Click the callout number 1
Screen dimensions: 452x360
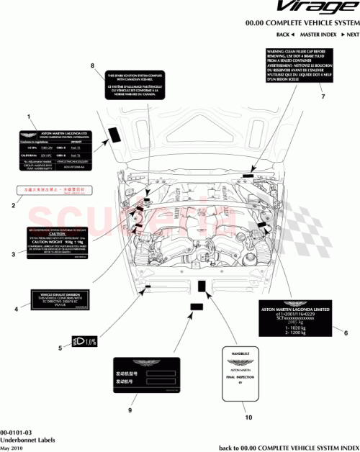pyautogui.click(x=28, y=115)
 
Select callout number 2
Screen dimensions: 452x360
pyautogui.click(x=13, y=206)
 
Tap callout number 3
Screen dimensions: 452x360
pyautogui.click(x=13, y=254)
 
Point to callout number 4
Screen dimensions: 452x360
pyautogui.click(x=16, y=310)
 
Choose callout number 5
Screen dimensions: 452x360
pyautogui.click(x=60, y=349)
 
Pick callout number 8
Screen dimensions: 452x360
pyautogui.click(x=92, y=65)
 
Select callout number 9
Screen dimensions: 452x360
pyautogui.click(x=130, y=410)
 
